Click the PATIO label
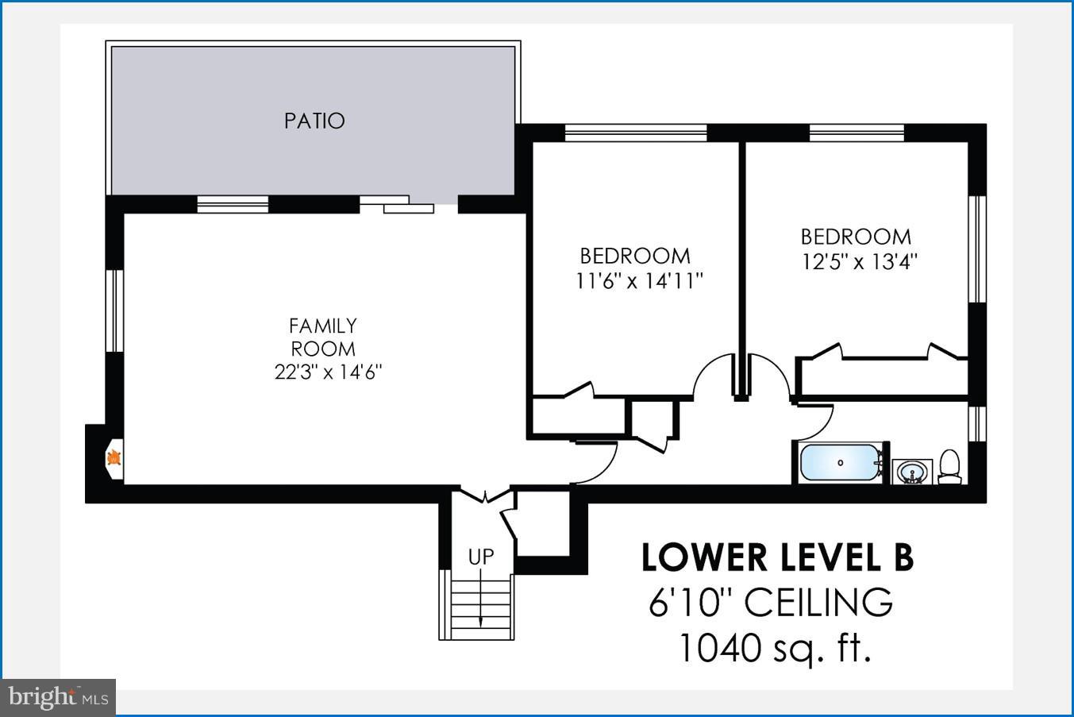point(314,121)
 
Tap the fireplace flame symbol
point(114,457)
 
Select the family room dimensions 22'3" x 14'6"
point(328,372)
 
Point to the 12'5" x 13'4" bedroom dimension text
point(859,261)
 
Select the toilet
point(949,466)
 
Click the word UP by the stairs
point(480,557)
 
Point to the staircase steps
point(480,607)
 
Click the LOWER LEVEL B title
point(777,557)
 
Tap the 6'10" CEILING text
point(771,603)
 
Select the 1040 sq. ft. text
point(774,648)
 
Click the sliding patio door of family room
point(398,204)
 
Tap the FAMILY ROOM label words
point(323,337)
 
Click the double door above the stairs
point(485,496)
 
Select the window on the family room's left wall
point(116,310)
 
